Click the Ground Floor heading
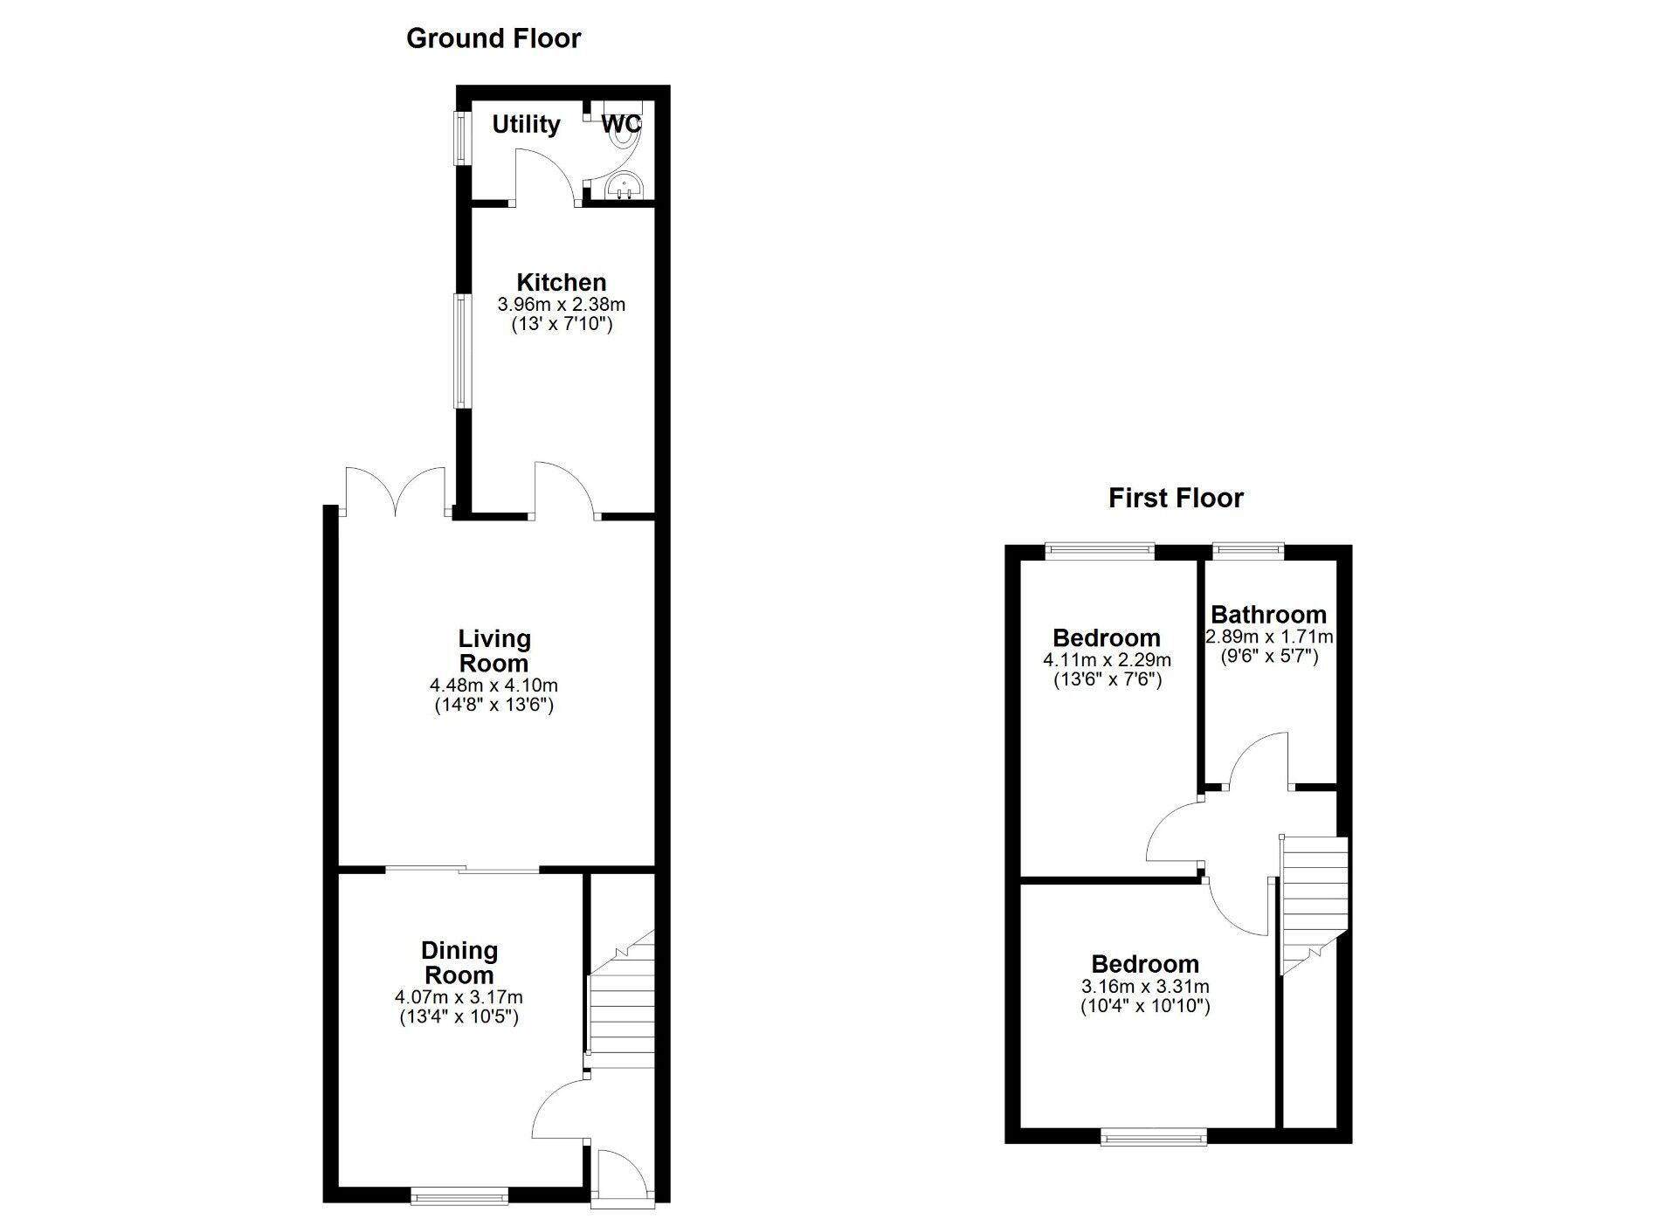tap(493, 38)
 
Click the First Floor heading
tap(1176, 498)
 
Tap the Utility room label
tap(526, 124)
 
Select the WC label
tap(621, 124)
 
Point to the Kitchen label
tap(562, 282)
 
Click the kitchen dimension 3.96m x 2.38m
tap(562, 305)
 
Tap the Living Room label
tap(494, 651)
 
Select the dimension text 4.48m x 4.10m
tap(494, 685)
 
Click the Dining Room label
tap(459, 962)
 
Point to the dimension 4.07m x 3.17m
tap(459, 997)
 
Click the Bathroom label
tap(1268, 614)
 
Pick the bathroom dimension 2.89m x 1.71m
tap(1269, 637)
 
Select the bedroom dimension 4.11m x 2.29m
tap(1107, 660)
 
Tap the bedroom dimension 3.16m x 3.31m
tap(1145, 987)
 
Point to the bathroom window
tap(1248, 549)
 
